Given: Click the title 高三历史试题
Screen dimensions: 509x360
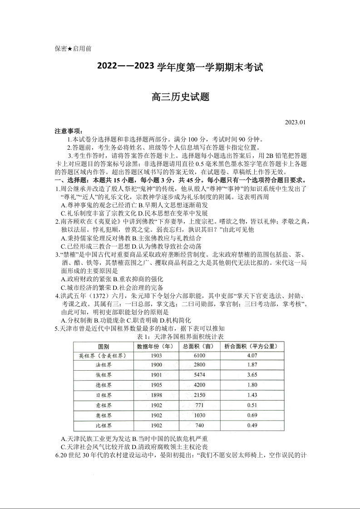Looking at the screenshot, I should pyautogui.click(x=180, y=97).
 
